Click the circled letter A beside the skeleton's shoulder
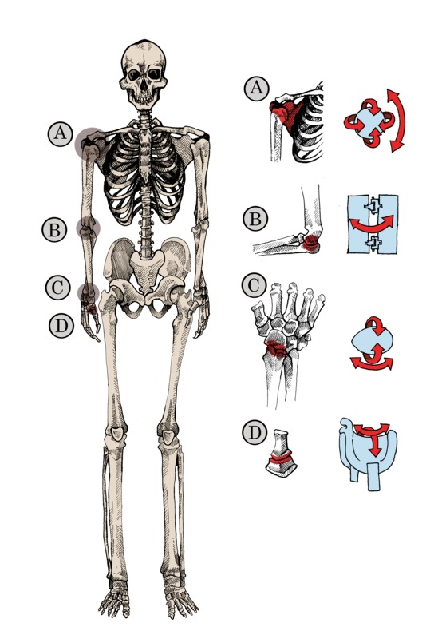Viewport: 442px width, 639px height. pyautogui.click(x=60, y=134)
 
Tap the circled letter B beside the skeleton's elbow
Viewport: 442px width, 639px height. pyautogui.click(x=54, y=230)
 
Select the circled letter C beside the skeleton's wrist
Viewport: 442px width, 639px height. pyautogui.click(x=57, y=288)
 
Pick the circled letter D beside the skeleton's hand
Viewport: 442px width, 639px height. pyautogui.click(x=61, y=326)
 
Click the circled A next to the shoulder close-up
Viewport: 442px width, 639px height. pyautogui.click(x=256, y=89)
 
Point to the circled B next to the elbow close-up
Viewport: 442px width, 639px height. pyautogui.click(x=255, y=219)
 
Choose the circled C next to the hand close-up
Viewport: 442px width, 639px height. pyautogui.click(x=254, y=285)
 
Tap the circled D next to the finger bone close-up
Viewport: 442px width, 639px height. pyautogui.click(x=255, y=432)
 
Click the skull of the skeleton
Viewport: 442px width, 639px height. pyautogui.click(x=144, y=74)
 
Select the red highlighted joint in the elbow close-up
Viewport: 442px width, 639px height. pyautogui.click(x=311, y=243)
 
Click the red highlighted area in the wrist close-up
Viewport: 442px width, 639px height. pyautogui.click(x=277, y=349)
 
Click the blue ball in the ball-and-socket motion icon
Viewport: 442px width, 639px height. pyautogui.click(x=369, y=122)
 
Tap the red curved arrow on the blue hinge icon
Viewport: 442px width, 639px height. pyautogui.click(x=372, y=224)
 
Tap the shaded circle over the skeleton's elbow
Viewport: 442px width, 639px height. pyautogui.click(x=89, y=228)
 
